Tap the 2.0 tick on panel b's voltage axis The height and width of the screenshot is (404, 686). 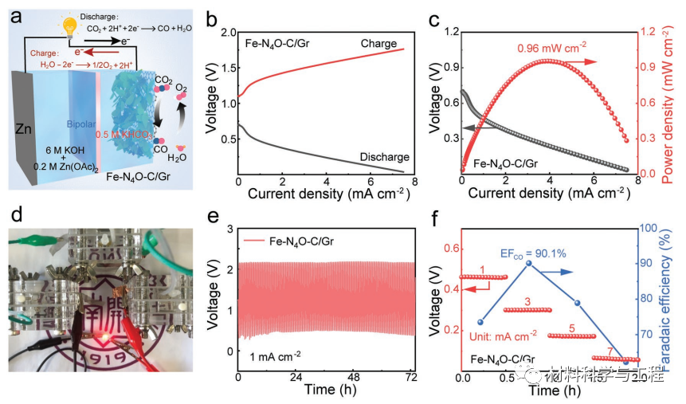(x=229, y=32)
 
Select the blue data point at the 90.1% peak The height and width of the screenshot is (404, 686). (x=529, y=264)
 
